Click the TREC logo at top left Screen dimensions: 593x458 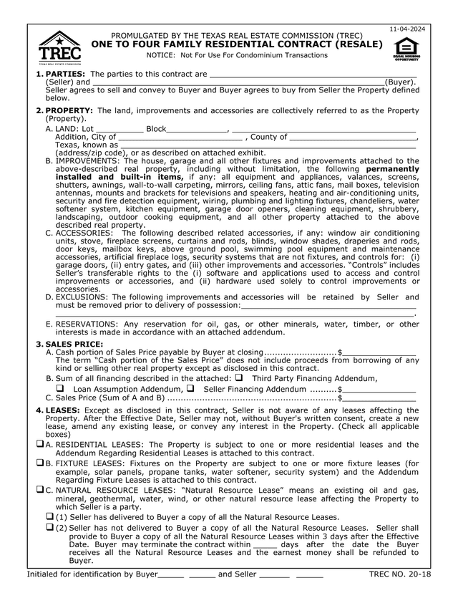click(x=59, y=47)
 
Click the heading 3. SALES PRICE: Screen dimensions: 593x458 click(x=69, y=344)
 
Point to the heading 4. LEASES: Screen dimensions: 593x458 click(x=62, y=410)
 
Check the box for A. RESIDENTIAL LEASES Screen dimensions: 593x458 click(x=40, y=445)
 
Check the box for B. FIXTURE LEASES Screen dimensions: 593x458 click(x=40, y=463)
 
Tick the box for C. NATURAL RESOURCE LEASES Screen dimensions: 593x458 click(x=40, y=490)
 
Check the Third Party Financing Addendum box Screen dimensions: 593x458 click(x=239, y=377)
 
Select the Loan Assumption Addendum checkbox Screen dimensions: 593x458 click(x=60, y=388)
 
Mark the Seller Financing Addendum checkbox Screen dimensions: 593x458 click(x=190, y=388)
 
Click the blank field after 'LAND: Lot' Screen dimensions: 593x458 click(x=119, y=130)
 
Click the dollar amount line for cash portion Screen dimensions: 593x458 click(x=379, y=353)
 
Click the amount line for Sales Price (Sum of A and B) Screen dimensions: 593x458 click(x=379, y=398)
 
